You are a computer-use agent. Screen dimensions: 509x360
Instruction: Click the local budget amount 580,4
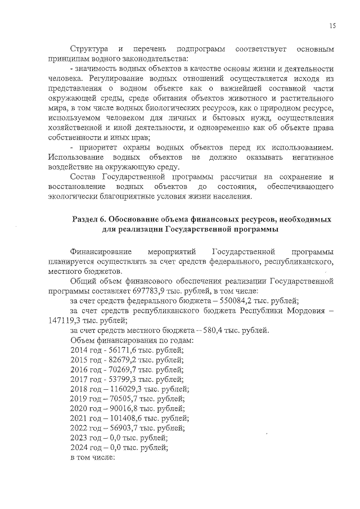pyautogui.click(x=205, y=330)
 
